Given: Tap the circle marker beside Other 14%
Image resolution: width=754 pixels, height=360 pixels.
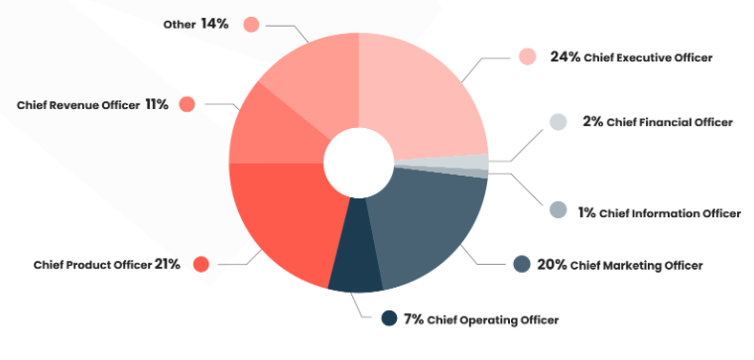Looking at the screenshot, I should coord(250,24).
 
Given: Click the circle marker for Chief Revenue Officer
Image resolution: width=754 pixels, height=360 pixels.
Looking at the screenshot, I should coord(187,104).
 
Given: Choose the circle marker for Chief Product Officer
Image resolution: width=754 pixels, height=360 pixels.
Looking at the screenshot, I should coord(200,264).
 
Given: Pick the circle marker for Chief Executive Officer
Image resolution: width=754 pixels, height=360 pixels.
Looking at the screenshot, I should coord(527,57).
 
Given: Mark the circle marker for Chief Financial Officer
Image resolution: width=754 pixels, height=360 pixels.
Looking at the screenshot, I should coord(558,121).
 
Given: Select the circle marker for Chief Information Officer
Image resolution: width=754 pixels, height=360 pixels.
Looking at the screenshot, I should coord(558,210).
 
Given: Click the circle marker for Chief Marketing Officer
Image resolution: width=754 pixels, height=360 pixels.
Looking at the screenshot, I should coord(521,264).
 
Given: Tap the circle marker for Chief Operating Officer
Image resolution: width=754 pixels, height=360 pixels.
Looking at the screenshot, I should coord(389,318).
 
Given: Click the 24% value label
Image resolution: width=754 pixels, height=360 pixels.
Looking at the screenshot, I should coord(564,58).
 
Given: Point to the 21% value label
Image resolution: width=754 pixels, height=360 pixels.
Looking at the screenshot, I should coord(167,265).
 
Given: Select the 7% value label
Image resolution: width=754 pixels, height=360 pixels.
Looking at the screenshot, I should coord(414,318).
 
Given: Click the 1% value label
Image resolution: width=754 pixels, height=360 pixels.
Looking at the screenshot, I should coord(585,212).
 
